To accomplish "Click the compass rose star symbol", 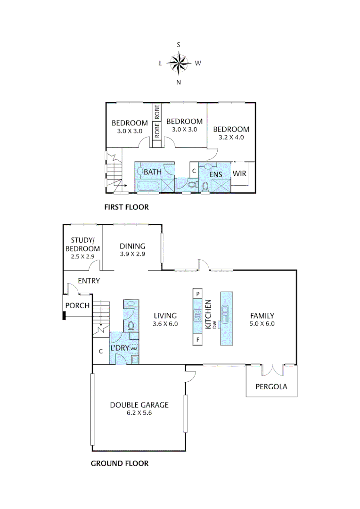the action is coord(178,63).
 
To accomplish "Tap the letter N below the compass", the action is coord(179,82).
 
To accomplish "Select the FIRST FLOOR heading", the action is coord(126,207).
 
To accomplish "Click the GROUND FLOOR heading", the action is coord(120,464).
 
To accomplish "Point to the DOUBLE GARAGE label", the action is coord(139,405).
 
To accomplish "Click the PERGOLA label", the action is coord(271,386).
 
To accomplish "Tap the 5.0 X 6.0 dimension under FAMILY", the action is coord(262,324).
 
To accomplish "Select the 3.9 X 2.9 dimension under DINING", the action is coord(132,254).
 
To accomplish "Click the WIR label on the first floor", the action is coord(239,173).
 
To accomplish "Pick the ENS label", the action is coord(215,175).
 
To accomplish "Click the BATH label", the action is coord(153,172).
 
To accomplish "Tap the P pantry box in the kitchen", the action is coord(198,294).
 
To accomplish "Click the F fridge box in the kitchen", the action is coord(198,340).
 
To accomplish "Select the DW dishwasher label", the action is coord(214,325).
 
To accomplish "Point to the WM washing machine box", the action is coord(134,349).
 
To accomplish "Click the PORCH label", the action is coord(77,306).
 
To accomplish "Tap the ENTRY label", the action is coord(89,281).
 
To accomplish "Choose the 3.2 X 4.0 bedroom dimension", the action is coord(231,137).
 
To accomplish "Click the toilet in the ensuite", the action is coord(205,187).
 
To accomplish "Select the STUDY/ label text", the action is coord(82,240).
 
